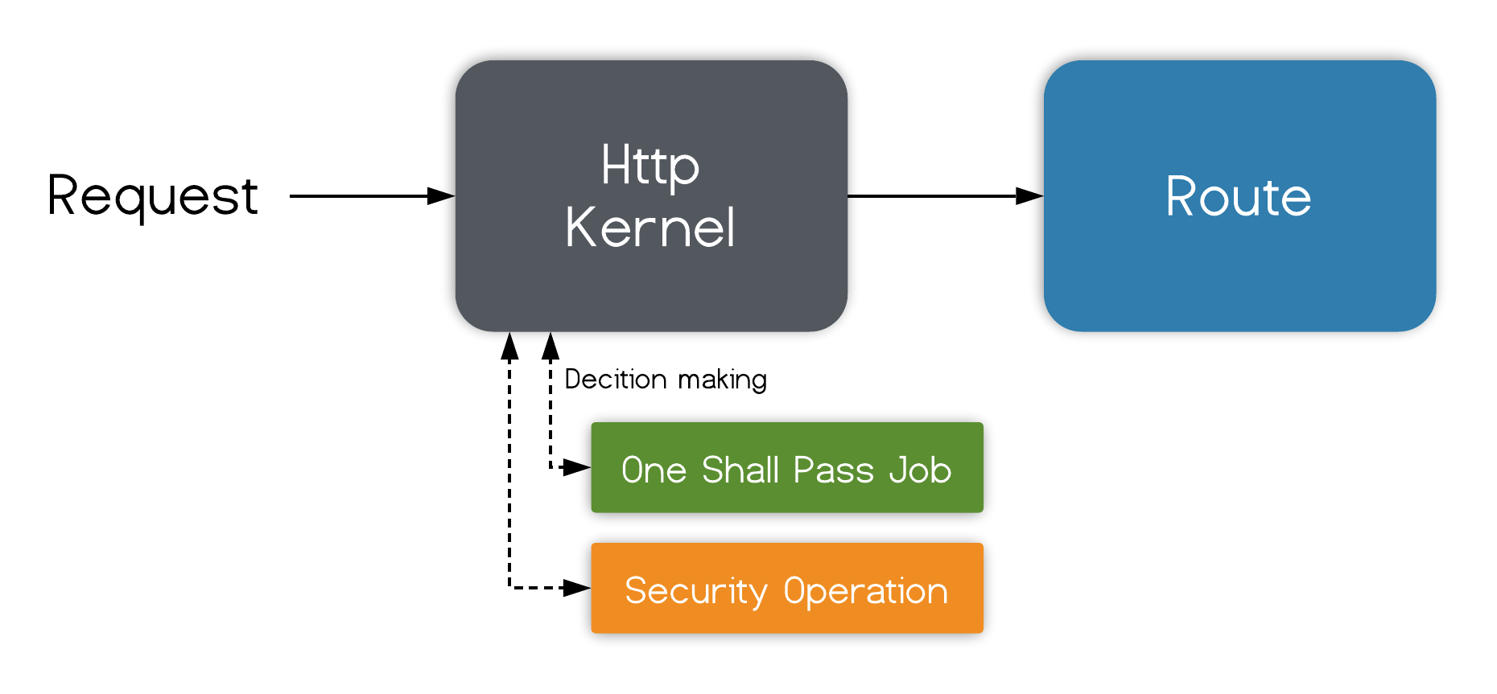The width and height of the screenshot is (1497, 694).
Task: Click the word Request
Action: click(x=153, y=196)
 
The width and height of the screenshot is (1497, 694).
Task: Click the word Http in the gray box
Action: click(x=650, y=166)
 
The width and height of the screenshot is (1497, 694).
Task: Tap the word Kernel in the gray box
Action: click(x=650, y=228)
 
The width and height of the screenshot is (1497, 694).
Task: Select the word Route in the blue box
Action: click(x=1239, y=197)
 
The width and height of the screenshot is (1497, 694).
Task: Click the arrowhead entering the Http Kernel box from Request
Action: click(x=441, y=195)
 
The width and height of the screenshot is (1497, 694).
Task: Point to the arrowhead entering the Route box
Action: click(x=1029, y=195)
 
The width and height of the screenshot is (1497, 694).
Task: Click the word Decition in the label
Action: click(x=616, y=380)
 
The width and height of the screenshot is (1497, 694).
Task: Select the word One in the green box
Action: click(x=654, y=470)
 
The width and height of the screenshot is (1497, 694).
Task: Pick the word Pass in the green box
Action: click(x=833, y=470)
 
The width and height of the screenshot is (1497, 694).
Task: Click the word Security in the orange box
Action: click(x=696, y=592)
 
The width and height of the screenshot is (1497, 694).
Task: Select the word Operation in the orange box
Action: click(x=866, y=592)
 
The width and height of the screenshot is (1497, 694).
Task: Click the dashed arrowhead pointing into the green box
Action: click(x=576, y=467)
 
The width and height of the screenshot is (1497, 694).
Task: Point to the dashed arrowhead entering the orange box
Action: click(x=576, y=588)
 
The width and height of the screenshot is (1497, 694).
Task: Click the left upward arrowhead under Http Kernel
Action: click(x=509, y=346)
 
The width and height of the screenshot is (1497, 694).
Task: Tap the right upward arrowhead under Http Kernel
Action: click(x=551, y=346)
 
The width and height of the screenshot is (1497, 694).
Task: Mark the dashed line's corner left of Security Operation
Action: click(x=509, y=588)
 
